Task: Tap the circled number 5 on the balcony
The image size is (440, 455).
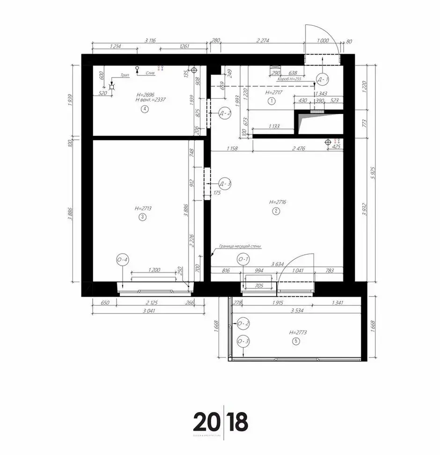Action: click(295, 341)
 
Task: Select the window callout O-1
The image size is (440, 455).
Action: click(243, 259)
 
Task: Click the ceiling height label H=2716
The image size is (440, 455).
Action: click(278, 202)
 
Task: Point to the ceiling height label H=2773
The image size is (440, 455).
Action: click(298, 332)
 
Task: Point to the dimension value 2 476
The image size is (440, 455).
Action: click(298, 149)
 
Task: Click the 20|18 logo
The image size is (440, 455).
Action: click(220, 422)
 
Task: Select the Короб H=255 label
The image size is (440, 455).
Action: click(289, 79)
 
